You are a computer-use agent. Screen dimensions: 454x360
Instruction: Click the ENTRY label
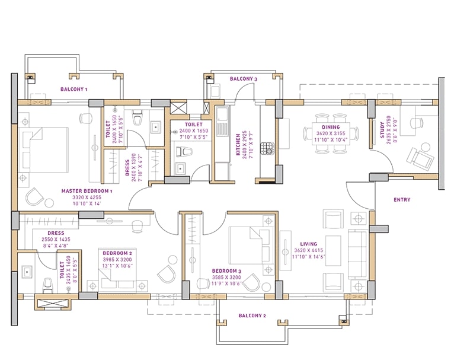pos(402,199)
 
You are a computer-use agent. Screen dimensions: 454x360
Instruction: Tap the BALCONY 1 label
pos(74,89)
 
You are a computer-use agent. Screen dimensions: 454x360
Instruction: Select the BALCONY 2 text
pos(252,316)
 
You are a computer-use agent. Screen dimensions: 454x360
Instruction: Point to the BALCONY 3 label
pos(244,79)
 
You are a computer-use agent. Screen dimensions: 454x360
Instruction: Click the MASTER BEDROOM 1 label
pos(87,191)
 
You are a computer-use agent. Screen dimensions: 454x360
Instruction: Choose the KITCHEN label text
pos(238,144)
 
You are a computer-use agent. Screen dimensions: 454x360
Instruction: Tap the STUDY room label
pos(382,130)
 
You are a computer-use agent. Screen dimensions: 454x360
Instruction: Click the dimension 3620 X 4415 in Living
pos(309,250)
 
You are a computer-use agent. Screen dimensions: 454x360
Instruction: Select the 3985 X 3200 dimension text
pos(117,260)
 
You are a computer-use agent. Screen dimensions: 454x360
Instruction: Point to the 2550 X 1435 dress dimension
pos(56,239)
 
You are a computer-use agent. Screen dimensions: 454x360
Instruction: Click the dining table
pos(331,133)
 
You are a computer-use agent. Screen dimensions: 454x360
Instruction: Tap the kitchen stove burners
pos(267,148)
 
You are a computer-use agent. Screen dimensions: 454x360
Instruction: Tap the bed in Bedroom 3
pos(251,246)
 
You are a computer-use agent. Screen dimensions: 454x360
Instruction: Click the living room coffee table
pos(333,250)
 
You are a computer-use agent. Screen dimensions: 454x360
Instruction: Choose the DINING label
pos(331,127)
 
